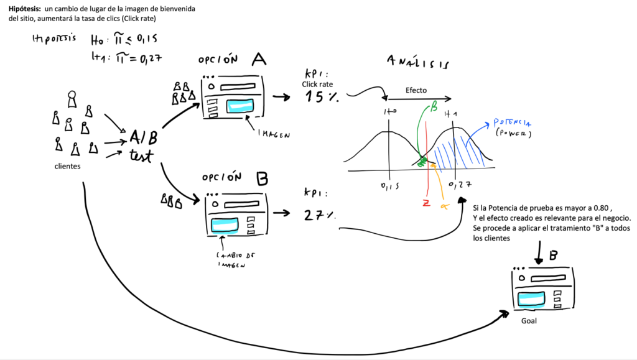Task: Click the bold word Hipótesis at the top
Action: pyautogui.click(x=24, y=8)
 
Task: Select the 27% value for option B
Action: pyautogui.click(x=319, y=215)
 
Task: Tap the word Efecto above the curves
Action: pyautogui.click(x=416, y=90)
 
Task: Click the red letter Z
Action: pyautogui.click(x=426, y=203)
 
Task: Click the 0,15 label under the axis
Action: pyautogui.click(x=388, y=186)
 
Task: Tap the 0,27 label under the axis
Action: pyautogui.click(x=458, y=186)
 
